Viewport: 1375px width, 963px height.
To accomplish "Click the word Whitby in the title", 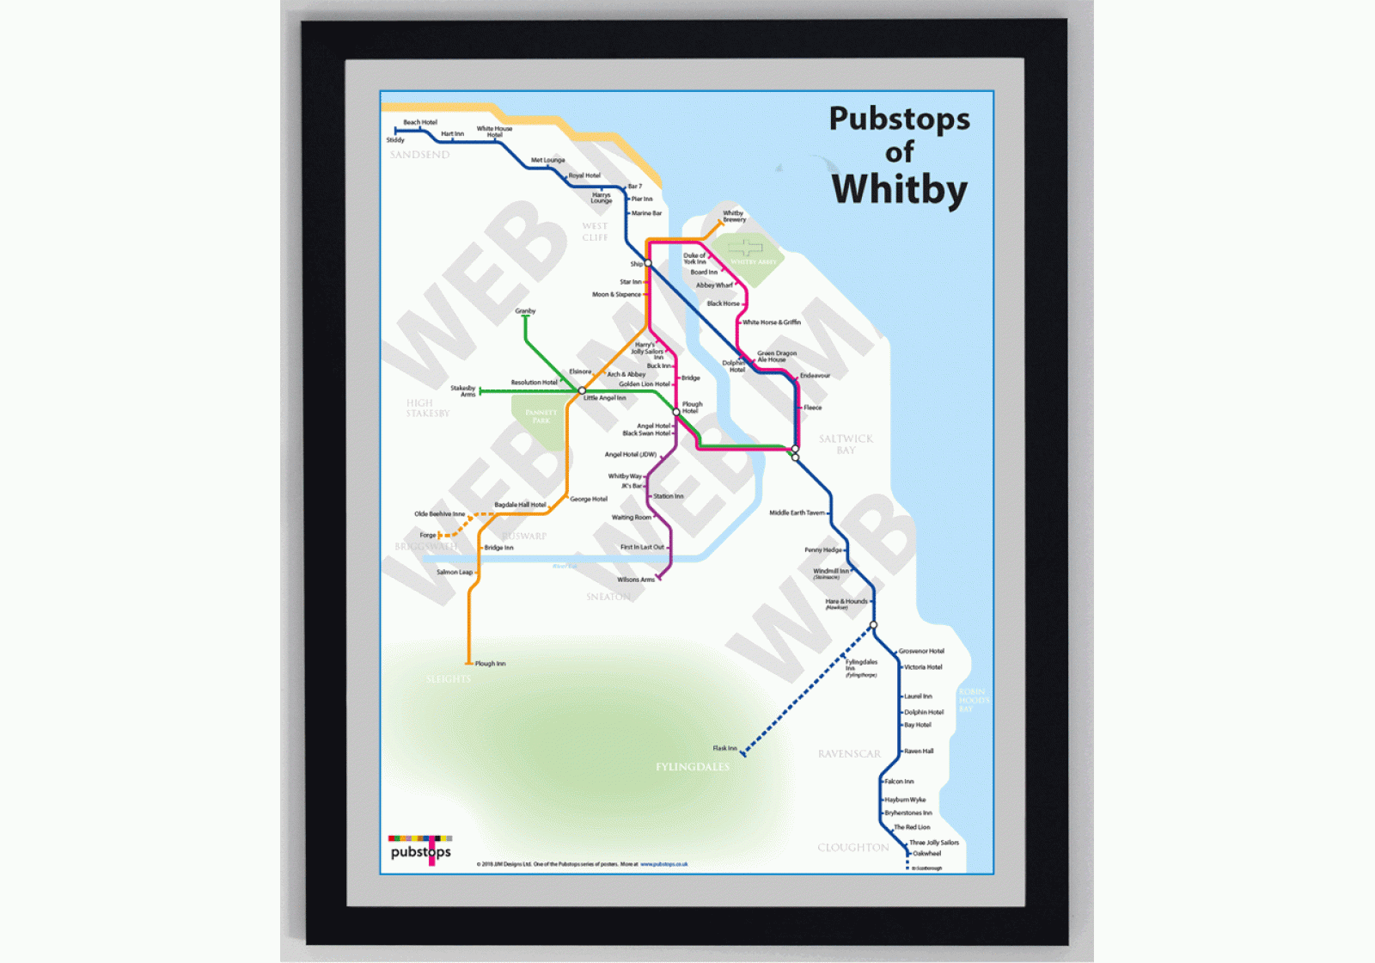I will coord(899,190).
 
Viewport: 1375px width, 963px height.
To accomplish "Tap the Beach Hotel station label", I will coord(420,122).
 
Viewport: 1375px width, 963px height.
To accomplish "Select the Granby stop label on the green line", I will coord(525,311).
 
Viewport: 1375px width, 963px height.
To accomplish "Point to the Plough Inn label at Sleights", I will coord(491,664).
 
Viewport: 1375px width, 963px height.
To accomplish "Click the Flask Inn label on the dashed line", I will coord(724,748).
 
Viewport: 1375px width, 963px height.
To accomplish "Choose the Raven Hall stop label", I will coord(919,751).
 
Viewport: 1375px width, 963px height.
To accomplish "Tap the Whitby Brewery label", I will coord(734,216).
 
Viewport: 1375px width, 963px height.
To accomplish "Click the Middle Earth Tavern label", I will coord(797,512).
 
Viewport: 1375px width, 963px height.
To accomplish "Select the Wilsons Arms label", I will coord(636,580).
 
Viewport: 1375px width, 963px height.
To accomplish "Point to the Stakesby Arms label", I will coord(463,391).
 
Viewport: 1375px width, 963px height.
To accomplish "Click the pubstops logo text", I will coord(420,851).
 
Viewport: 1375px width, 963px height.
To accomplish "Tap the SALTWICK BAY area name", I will coord(846,445).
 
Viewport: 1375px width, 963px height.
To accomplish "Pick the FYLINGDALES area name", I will coord(692,767).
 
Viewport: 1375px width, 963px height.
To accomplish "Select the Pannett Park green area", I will coord(540,419).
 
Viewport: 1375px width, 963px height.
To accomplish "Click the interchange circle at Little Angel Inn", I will coord(582,390).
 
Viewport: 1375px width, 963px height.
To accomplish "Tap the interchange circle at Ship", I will coord(648,263).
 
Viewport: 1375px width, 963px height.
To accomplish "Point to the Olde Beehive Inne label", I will coord(439,514).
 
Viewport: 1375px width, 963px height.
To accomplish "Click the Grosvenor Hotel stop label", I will coord(921,651).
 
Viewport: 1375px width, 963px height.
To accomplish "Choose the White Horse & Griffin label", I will coord(772,322).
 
